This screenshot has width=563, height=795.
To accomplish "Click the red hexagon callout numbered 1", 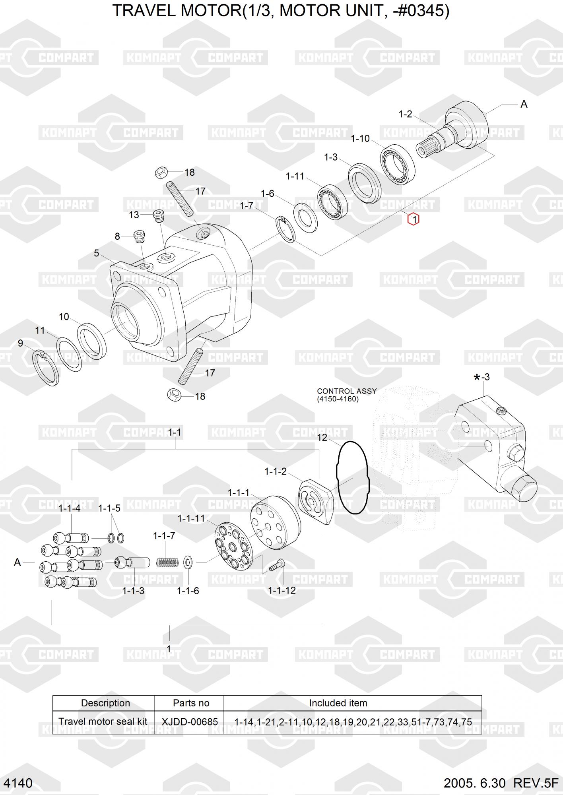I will click(x=414, y=219).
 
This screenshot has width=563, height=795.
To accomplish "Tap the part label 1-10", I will click(x=360, y=138).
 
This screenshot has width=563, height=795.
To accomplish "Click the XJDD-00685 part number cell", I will click(x=190, y=721).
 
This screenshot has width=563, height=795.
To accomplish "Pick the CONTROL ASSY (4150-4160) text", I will click(x=347, y=395).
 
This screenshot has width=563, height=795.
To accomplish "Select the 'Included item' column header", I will click(x=338, y=703).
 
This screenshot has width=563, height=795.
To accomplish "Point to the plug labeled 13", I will click(x=159, y=215).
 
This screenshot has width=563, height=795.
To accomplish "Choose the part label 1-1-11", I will click(x=191, y=518).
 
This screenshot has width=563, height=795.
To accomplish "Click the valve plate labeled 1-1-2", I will click(x=315, y=502).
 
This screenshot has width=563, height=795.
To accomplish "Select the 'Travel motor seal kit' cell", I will click(x=103, y=721).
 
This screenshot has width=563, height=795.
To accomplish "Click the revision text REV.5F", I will click(x=536, y=783).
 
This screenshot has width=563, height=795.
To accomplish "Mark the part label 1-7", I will click(x=247, y=206).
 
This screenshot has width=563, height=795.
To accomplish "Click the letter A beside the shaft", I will click(x=524, y=104).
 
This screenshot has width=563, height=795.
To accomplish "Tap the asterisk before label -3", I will click(x=477, y=378).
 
